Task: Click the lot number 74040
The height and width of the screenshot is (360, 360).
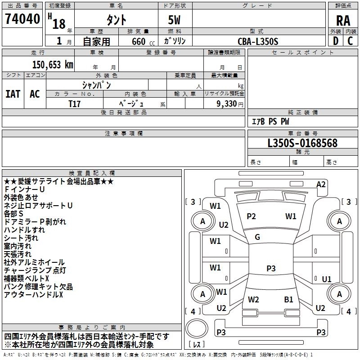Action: pos(22,20)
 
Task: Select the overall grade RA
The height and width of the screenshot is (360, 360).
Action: pos(343,20)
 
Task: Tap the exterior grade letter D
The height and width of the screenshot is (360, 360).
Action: pos(335,40)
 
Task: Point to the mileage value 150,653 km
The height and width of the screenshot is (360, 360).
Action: pos(52,64)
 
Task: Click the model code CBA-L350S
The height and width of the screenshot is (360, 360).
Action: pos(258,41)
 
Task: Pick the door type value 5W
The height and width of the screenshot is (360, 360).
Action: pos(175,20)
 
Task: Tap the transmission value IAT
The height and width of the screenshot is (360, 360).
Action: pos(13,94)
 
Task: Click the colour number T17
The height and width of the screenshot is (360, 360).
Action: pos(74,103)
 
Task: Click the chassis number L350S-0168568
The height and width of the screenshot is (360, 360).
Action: pos(302,144)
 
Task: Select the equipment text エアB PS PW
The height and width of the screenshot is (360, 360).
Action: pos(270,121)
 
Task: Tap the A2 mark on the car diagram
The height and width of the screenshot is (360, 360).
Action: pos(321,184)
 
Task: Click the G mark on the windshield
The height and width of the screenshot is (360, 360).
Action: pos(257,237)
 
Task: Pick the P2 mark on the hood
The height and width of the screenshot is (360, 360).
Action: pos(251,216)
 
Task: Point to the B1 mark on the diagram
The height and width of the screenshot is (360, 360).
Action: pos(288,299)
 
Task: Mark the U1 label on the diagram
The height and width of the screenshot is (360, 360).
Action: pos(327,279)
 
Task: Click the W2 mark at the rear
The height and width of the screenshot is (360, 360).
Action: pos(253,299)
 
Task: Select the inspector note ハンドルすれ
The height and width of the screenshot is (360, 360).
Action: pos(24,229)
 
